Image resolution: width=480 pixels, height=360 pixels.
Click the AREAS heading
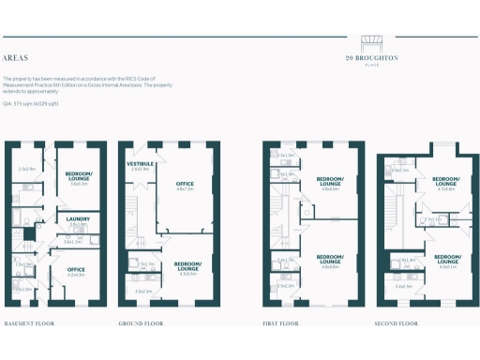(15, 55)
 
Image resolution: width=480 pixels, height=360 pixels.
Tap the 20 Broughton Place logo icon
(372, 44)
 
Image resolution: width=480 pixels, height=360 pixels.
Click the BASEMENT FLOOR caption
(30, 323)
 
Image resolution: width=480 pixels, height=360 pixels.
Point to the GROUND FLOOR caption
(142, 323)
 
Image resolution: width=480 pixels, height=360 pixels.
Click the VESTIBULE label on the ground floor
(140, 163)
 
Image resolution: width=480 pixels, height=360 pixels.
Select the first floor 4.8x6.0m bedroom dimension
(328, 188)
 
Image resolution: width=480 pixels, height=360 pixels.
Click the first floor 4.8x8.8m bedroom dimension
(328, 266)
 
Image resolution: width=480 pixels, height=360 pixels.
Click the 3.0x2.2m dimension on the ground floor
(143, 292)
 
